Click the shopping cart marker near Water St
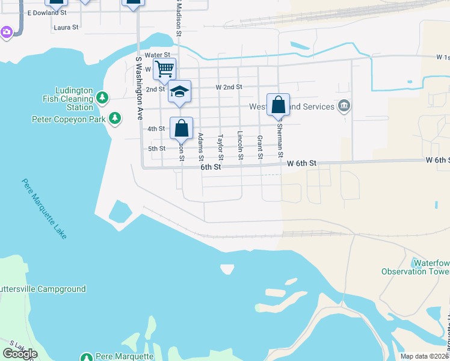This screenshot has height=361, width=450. (164, 69)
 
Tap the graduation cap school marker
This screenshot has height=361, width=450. (179, 91)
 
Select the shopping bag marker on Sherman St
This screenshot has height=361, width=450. (278, 105)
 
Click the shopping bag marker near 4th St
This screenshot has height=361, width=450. (181, 128)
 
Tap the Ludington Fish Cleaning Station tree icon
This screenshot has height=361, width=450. (102, 97)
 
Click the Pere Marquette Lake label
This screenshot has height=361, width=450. (44, 208)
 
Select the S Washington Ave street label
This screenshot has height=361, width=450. (139, 87)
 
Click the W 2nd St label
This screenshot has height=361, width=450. (229, 87)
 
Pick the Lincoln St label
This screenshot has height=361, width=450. (240, 146)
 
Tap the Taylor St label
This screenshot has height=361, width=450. (220, 147)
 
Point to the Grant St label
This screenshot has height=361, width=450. (260, 147)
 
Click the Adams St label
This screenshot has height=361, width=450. (200, 147)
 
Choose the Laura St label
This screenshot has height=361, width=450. (66, 27)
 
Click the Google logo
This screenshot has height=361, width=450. (19, 354)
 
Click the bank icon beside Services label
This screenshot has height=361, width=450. (344, 106)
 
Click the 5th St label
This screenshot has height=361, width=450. (156, 149)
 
